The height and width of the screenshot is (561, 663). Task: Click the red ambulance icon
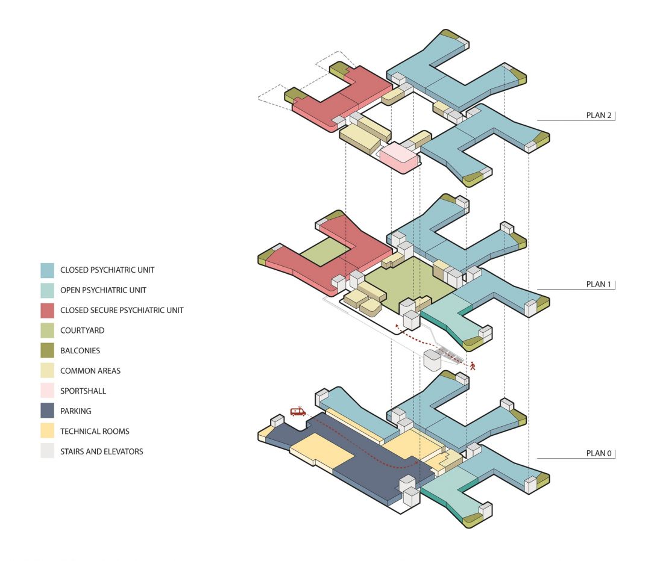298,411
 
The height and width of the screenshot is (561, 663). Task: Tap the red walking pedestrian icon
473,366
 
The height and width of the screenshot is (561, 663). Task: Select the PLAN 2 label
599,115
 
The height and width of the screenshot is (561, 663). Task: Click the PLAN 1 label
599,284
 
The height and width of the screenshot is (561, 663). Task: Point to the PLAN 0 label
599,453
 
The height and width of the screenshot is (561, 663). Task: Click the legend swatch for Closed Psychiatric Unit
48,270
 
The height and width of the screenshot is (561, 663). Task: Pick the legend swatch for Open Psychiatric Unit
48,290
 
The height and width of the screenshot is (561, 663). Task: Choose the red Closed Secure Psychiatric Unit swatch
48,310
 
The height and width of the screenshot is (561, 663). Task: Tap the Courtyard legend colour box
48,330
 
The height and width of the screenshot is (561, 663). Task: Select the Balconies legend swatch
48,351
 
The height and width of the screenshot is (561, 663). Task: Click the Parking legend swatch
48,411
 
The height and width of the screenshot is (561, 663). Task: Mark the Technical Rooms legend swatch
48,432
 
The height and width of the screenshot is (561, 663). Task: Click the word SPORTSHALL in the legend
83,391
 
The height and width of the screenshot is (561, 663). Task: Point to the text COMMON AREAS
90,371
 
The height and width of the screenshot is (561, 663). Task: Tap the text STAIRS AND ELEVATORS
101,451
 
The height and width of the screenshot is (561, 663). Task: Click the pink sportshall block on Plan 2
399,157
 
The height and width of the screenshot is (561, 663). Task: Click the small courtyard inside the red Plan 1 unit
325,252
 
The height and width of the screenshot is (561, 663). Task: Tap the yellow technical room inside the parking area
322,448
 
